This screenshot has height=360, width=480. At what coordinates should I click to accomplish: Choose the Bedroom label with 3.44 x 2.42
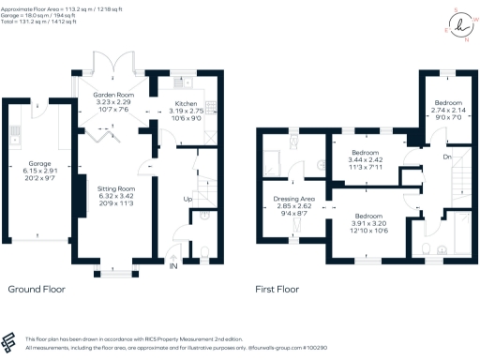coord(366,152)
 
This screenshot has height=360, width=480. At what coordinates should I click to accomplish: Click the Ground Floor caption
coord(36,290)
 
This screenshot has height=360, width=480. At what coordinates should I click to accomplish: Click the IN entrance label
coord(172,266)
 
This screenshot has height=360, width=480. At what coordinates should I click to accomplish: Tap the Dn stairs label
coord(445,157)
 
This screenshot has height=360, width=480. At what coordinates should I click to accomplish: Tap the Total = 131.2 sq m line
coord(44,22)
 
